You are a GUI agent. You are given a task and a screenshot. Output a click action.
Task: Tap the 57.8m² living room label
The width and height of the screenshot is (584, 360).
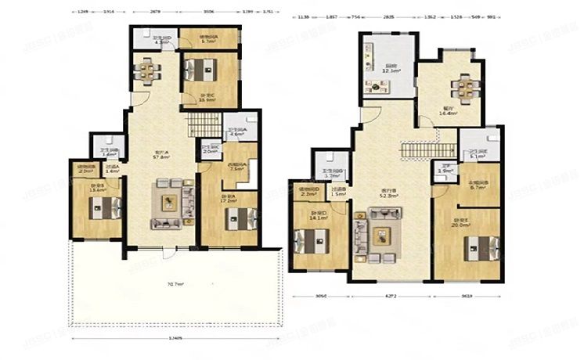[161, 156]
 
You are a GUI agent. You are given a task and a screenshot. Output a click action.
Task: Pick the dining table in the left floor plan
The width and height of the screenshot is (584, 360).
[146, 71]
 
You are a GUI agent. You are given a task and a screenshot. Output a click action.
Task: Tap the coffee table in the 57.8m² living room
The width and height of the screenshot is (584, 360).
[168, 202]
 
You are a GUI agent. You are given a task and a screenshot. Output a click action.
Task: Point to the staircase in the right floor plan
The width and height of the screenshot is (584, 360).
[428, 150]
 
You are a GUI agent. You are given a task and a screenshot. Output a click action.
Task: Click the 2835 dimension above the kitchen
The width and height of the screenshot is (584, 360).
[389, 16]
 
